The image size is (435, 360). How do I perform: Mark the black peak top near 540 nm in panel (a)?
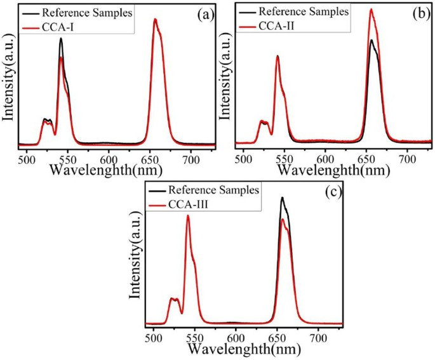pyautogui.click(x=61, y=38)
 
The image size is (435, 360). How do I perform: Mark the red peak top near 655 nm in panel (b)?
pyautogui.click(x=371, y=10)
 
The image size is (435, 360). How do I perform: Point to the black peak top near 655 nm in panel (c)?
pyautogui.click(x=282, y=197)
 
